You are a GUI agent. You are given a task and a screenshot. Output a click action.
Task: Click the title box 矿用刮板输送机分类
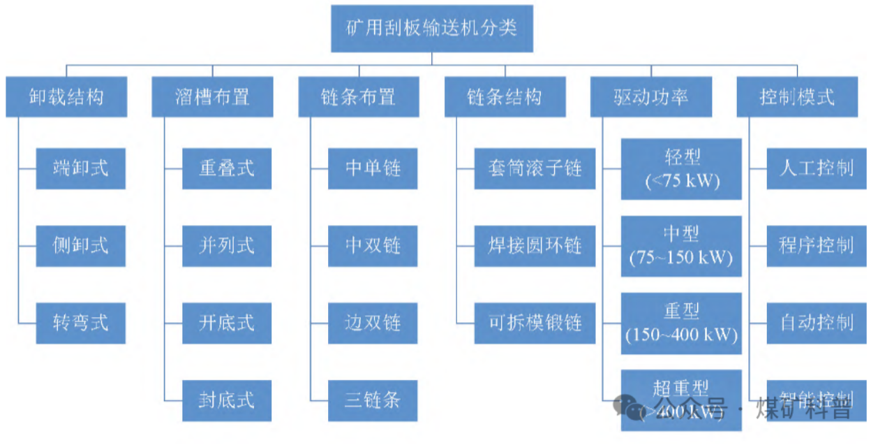coord(431,29)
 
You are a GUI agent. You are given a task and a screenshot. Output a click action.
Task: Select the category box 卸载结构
coord(66,96)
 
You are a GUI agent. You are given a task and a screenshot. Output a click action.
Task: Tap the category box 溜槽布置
coord(212,96)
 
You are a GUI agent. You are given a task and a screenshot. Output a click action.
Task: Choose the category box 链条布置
coord(359,96)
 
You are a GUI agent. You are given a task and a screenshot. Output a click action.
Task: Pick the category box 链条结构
coord(505,96)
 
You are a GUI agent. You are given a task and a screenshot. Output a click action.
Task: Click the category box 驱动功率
coord(651,96)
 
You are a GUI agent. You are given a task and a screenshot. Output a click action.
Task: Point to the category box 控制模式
coord(797,96)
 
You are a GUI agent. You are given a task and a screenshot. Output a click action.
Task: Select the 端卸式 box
coord(81,168)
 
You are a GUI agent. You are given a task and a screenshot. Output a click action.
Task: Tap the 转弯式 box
coord(81,323)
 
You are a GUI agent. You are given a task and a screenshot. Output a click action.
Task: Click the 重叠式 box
coord(227,168)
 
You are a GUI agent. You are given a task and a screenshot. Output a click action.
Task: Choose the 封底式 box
coord(227,400)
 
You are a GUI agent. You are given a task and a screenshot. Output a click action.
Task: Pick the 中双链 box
coord(373,246)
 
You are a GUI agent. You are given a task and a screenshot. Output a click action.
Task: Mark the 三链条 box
coord(373,400)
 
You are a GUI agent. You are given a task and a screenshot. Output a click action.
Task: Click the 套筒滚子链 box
coord(535,168)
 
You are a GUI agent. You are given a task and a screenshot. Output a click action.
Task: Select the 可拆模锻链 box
coord(535,323)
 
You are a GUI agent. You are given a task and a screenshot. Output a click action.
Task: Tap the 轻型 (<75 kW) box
coord(681,169)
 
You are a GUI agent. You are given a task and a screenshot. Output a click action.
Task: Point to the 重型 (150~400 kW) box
coord(681,323)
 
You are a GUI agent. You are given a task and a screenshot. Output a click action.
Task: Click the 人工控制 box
coord(816,168)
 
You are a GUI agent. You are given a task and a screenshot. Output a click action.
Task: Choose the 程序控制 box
coord(816,246)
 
